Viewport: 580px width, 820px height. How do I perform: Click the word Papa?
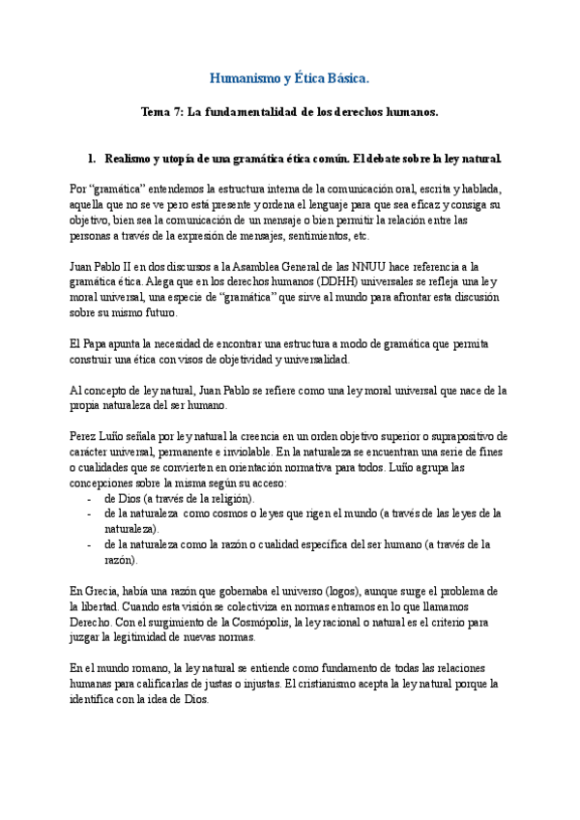coord(98,344)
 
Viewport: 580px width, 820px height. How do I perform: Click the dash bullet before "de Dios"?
coord(89,498)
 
